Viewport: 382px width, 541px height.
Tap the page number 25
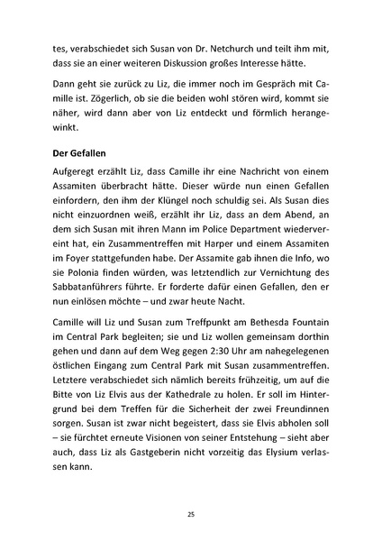[191, 513]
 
